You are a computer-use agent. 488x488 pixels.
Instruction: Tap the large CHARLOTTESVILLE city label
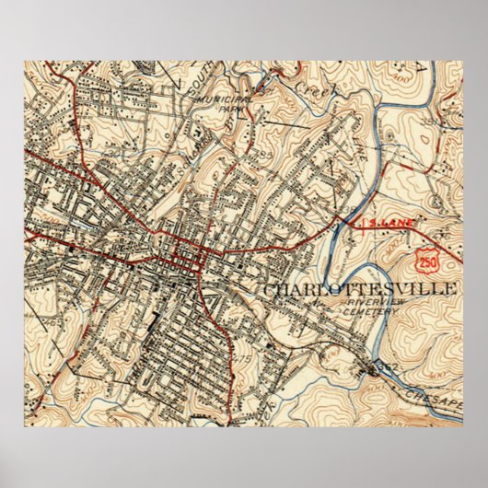(x=361, y=290)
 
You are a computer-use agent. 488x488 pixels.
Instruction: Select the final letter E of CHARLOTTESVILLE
(x=453, y=290)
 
